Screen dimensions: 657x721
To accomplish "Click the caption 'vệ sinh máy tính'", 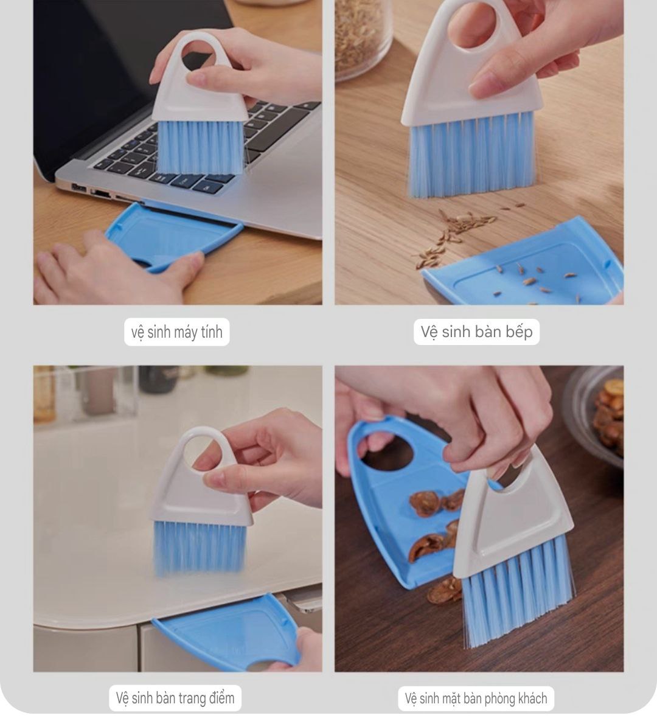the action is point(176,332).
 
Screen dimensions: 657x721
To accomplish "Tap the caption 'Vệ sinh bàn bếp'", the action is point(476,332).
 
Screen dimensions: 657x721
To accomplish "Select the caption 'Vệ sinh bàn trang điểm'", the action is point(175,698).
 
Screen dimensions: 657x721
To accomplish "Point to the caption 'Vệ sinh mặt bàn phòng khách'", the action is point(476,698).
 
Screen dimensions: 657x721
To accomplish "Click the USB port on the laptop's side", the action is point(78,187).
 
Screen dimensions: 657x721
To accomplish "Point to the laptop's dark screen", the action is point(92,69).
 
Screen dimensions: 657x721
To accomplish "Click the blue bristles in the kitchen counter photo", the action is point(473,156).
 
